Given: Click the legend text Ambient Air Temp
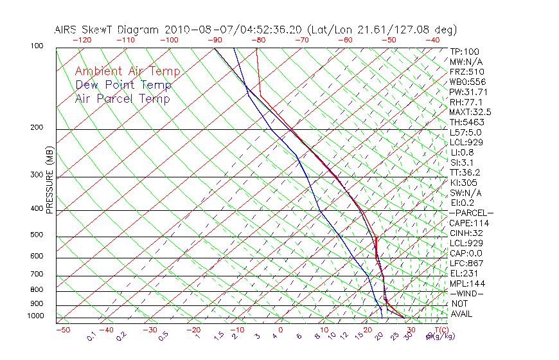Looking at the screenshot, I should click(127, 71).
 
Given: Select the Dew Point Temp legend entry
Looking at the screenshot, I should click(123, 85).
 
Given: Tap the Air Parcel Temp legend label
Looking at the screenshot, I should click(122, 98).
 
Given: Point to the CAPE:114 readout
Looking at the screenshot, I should click(469, 223).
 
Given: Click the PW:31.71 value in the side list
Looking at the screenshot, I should click(467, 92).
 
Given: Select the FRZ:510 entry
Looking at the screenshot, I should click(467, 72).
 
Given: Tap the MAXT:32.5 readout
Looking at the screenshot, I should click(471, 113).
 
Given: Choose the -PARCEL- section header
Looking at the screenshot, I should click(471, 213).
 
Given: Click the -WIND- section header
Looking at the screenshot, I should click(467, 294).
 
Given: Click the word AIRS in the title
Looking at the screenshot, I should click(67, 30).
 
